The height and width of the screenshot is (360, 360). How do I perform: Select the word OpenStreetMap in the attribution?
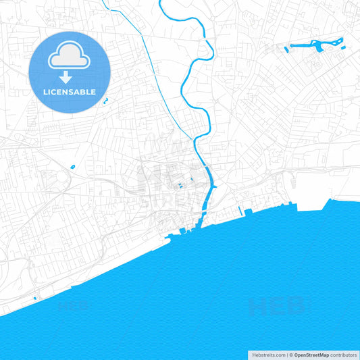311,355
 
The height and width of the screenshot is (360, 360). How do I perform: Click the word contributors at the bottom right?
343,355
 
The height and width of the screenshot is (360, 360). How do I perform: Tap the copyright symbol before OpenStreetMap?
291,355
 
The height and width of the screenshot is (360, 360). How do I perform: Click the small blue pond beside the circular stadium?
72,166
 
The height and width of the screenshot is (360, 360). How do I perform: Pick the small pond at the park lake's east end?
340,43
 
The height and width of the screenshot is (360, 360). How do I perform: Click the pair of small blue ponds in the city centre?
180,186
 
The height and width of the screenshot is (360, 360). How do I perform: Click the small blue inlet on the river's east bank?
214,187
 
